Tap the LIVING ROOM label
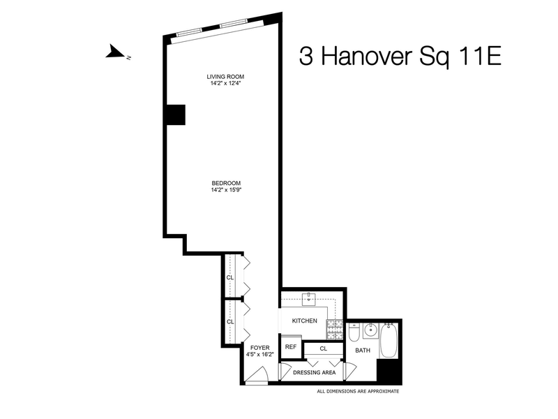225,76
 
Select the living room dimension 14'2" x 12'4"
225,83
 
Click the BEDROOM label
226,183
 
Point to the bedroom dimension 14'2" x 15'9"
226,190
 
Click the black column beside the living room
174,115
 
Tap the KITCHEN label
304,321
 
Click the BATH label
363,351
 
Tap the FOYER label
259,347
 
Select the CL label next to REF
324,348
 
